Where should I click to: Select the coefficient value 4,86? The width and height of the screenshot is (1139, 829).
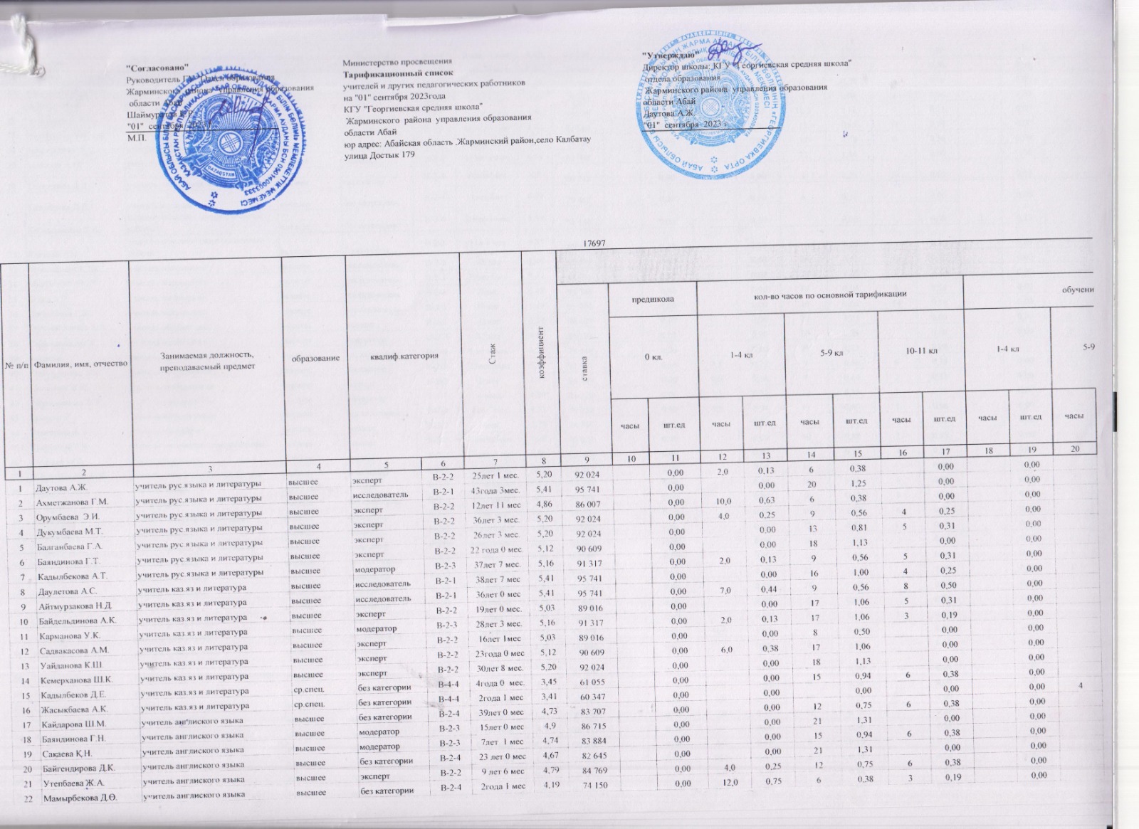(542, 502)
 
